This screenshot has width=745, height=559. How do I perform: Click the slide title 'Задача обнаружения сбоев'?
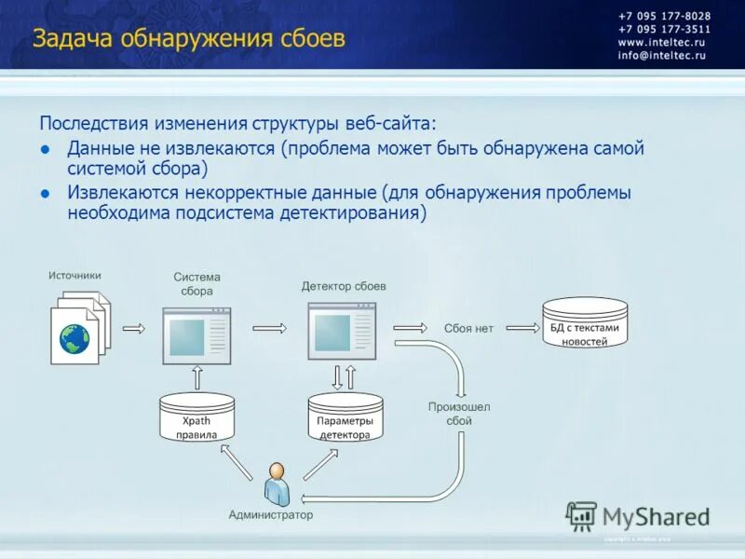click(189, 38)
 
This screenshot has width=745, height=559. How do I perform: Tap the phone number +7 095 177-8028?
click(664, 16)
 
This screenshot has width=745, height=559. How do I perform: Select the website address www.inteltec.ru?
click(661, 43)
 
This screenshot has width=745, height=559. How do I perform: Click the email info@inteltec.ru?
click(661, 56)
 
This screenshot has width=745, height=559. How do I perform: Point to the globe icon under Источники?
click(74, 338)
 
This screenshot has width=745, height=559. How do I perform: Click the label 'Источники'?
click(74, 275)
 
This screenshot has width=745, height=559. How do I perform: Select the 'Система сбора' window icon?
click(196, 332)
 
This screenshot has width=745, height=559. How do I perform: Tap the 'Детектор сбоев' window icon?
click(343, 331)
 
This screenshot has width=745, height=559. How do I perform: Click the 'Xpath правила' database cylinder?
click(196, 418)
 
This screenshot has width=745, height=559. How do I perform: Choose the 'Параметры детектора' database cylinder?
click(345, 418)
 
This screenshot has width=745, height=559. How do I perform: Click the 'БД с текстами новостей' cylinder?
click(584, 323)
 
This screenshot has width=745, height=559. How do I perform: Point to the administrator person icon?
click(277, 483)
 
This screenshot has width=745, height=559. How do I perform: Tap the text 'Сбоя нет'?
click(468, 328)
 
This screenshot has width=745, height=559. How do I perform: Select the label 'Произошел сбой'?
click(458, 414)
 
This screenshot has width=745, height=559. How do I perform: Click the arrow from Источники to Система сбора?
click(135, 328)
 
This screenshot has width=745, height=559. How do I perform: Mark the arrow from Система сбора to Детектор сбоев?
click(269, 328)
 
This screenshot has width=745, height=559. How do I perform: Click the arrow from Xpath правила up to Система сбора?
click(196, 376)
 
